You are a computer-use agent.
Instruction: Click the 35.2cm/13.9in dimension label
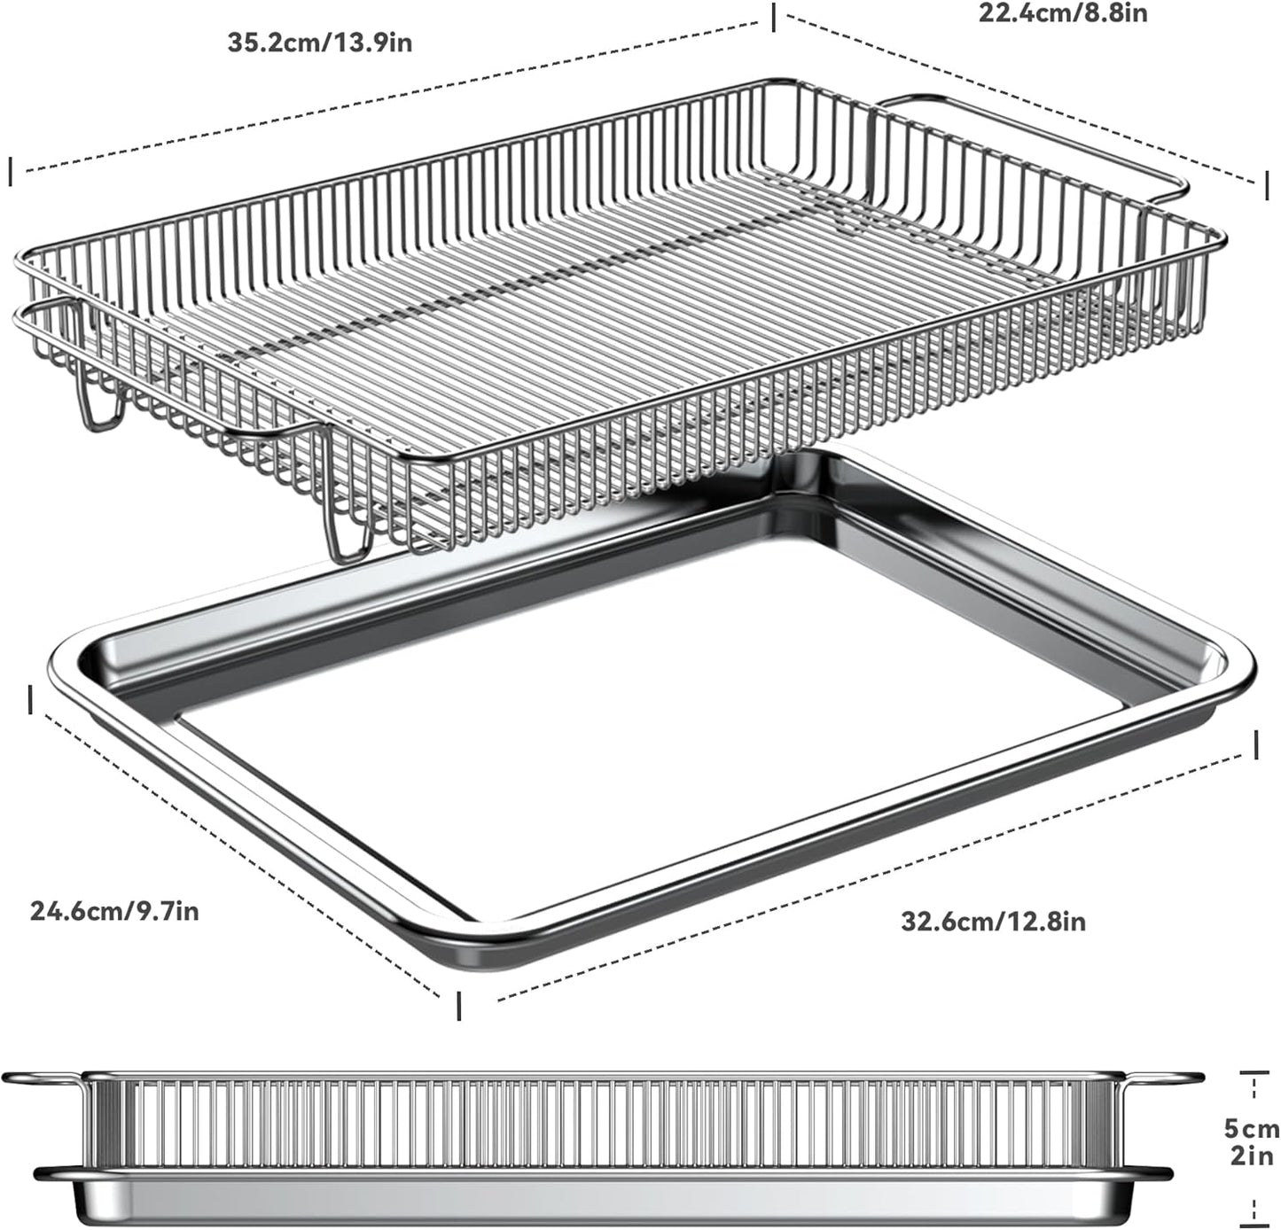click(x=319, y=43)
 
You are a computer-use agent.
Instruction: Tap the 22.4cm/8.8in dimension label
click(x=1062, y=13)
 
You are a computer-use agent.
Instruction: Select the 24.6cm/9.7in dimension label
click(x=114, y=910)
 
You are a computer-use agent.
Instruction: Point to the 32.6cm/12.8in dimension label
click(x=993, y=922)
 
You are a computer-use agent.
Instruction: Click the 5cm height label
click(x=1252, y=1129)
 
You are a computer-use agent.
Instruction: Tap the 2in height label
click(x=1252, y=1156)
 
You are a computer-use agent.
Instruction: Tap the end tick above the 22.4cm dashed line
click(x=774, y=17)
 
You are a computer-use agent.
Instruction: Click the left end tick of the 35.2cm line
click(x=11, y=172)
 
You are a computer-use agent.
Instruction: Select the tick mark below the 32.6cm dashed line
click(x=458, y=1006)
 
